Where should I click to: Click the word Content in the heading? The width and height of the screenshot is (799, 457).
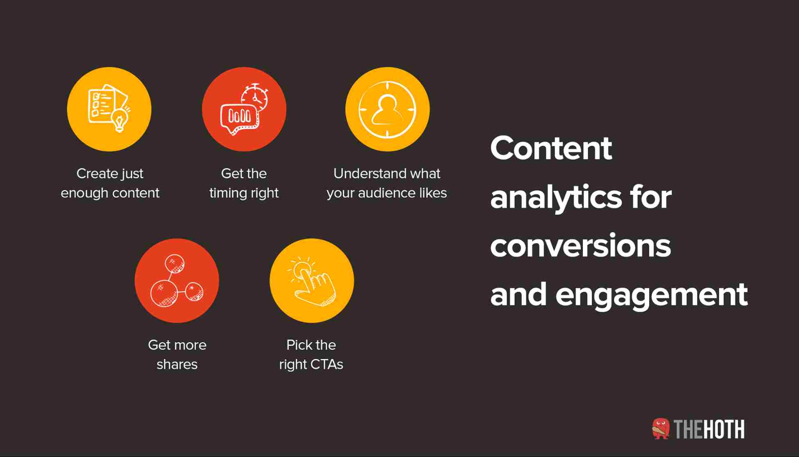point(551,148)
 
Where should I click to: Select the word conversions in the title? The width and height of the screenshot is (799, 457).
point(580,246)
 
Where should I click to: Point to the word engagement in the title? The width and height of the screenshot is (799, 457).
point(651,295)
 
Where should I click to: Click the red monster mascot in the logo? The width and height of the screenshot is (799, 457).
point(661,429)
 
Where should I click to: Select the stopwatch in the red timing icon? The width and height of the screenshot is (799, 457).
point(255,98)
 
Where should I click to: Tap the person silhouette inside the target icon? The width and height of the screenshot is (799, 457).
point(387,110)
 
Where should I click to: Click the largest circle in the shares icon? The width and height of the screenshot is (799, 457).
point(164,293)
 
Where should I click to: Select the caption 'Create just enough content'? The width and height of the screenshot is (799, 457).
point(110,183)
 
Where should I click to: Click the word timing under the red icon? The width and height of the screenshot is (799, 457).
point(228,193)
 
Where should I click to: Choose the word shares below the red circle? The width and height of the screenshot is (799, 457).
point(177,364)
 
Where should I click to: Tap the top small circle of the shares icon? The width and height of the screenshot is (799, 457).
point(174,264)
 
